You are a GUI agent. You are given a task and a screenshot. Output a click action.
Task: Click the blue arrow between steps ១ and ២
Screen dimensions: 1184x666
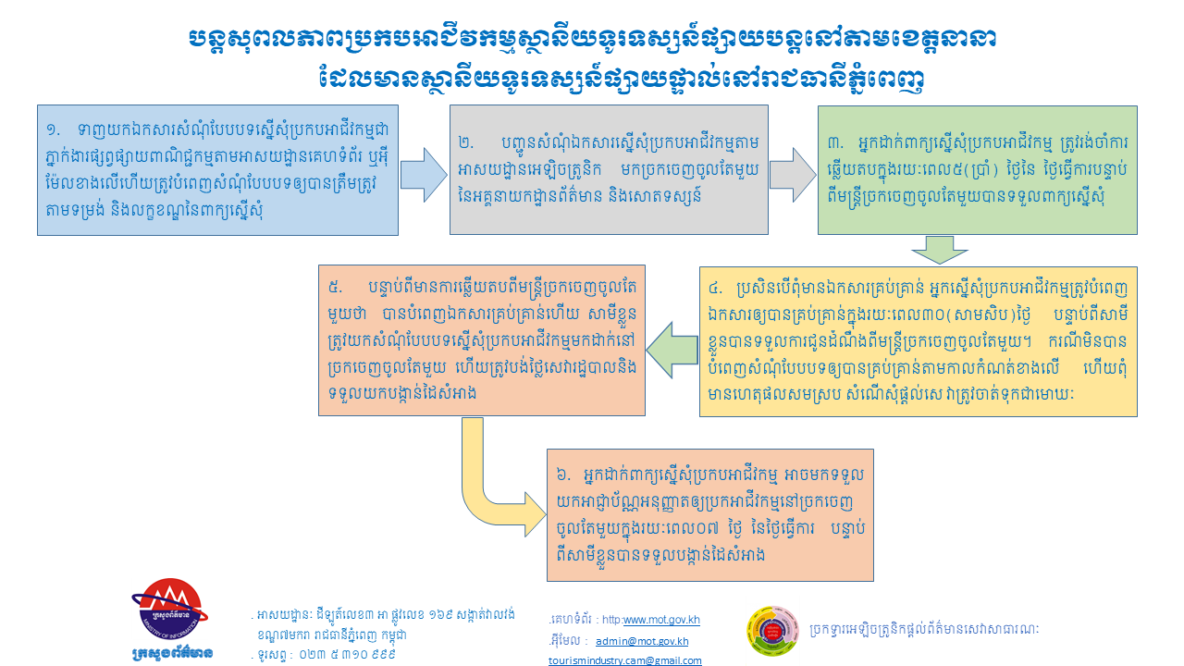click(x=424, y=175)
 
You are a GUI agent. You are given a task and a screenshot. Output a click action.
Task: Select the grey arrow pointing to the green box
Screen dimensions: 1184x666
click(x=793, y=175)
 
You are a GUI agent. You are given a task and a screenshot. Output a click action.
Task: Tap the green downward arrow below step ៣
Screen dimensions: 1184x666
click(x=940, y=250)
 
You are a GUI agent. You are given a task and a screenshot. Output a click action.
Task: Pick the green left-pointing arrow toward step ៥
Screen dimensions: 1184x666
click(x=672, y=350)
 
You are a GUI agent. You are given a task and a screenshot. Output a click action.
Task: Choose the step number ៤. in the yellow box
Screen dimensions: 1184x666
click(x=716, y=289)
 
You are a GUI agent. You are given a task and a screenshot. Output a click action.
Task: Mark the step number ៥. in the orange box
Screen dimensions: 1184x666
click(x=335, y=288)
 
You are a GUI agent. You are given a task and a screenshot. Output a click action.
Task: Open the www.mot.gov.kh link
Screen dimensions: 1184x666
click(x=661, y=620)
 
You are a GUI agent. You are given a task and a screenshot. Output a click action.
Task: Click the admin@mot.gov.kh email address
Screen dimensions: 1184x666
click(x=642, y=641)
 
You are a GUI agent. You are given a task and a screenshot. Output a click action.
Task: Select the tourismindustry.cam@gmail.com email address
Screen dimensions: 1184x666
click(x=624, y=660)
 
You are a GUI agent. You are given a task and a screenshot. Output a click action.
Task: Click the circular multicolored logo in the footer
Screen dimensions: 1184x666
click(x=772, y=630)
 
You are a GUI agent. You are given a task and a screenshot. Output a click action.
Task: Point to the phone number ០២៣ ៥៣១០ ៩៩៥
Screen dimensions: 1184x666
click(x=347, y=654)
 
